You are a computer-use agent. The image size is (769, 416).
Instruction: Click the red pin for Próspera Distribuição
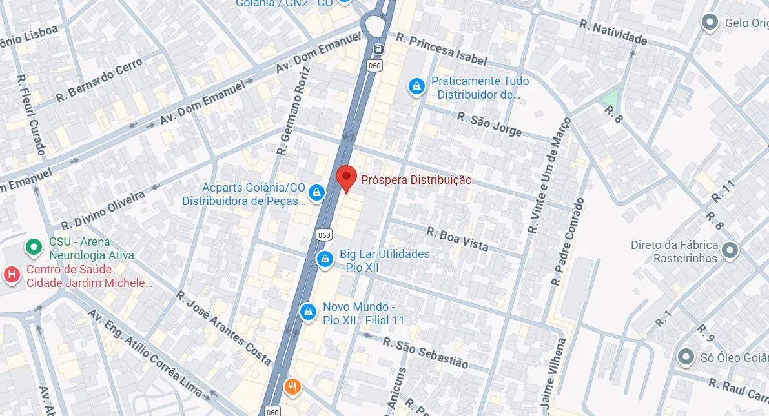coord(347,177)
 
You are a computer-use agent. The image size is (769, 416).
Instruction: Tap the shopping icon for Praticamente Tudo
coord(417,85)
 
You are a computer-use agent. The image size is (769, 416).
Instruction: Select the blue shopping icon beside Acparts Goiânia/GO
coord(316,192)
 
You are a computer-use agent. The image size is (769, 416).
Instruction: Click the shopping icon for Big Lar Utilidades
coord(324,259)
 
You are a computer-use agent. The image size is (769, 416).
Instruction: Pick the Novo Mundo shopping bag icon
coord(308,312)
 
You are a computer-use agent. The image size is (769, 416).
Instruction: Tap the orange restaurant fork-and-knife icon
coord(292,386)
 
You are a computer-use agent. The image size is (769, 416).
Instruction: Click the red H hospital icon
coord(11,275)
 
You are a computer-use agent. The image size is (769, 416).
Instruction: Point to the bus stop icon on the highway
coord(378,49)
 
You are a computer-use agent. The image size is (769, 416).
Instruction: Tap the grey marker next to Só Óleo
coord(685,357)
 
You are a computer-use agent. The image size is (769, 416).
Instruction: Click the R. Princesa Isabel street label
coord(442,49)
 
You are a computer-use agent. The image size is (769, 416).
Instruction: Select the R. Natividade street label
coord(613,33)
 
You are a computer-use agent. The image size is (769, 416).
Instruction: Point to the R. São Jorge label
coord(489,124)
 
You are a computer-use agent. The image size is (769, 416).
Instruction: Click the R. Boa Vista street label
coord(457,239)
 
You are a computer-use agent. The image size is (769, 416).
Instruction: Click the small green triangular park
coord(610,101)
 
